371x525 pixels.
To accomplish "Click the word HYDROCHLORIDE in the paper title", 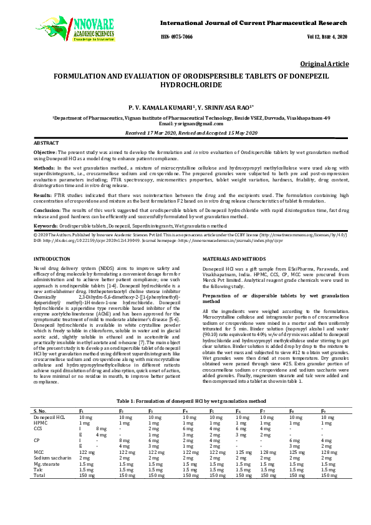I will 185,83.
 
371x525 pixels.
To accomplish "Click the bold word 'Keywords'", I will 46,224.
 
